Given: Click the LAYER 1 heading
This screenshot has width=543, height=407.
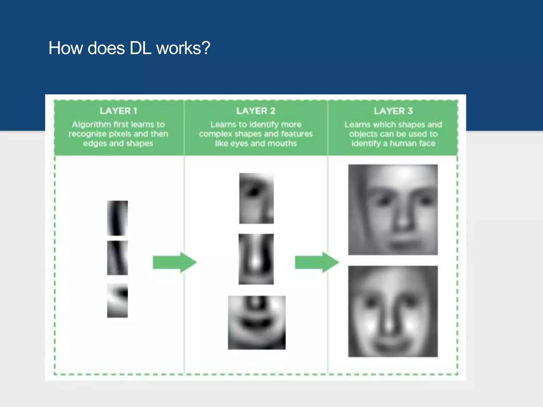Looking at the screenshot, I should click(x=118, y=111).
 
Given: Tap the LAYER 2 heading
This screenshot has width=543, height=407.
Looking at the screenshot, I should click(x=256, y=111).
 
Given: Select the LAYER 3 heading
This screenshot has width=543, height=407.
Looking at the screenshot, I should click(x=393, y=111).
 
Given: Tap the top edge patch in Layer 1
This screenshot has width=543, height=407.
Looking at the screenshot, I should click(x=117, y=218).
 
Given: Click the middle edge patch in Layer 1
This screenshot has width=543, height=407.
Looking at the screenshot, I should click(x=117, y=258).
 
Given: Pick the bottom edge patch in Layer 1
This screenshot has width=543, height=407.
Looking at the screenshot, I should click(x=117, y=300).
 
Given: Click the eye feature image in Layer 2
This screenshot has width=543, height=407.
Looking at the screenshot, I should click(x=256, y=198).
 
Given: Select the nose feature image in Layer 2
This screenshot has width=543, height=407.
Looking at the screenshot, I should click(x=256, y=259).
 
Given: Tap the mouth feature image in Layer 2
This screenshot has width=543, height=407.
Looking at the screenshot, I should click(x=257, y=322).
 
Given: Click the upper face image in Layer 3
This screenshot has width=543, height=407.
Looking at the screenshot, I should click(x=393, y=210).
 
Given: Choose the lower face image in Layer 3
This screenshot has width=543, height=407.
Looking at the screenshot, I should click(x=393, y=311).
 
